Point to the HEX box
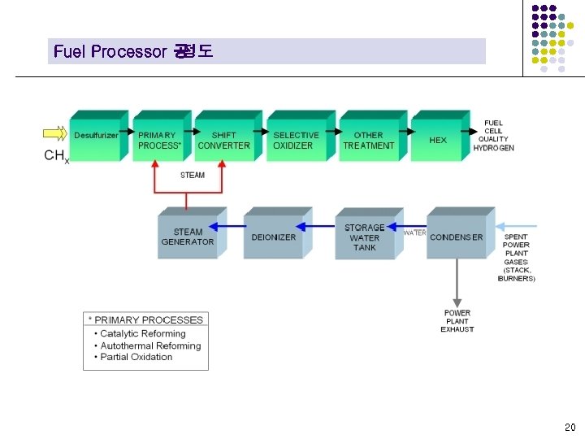pyautogui.click(x=438, y=140)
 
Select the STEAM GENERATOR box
pyautogui.click(x=187, y=237)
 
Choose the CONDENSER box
pyautogui.click(x=456, y=237)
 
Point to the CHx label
pyautogui.click(x=56, y=155)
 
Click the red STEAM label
pyautogui.click(x=193, y=175)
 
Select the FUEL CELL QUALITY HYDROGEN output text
pyautogui.click(x=493, y=135)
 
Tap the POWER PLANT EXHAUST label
pyautogui.click(x=457, y=321)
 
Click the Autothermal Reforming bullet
pyautogui.click(x=150, y=346)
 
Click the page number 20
pyautogui.click(x=569, y=427)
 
